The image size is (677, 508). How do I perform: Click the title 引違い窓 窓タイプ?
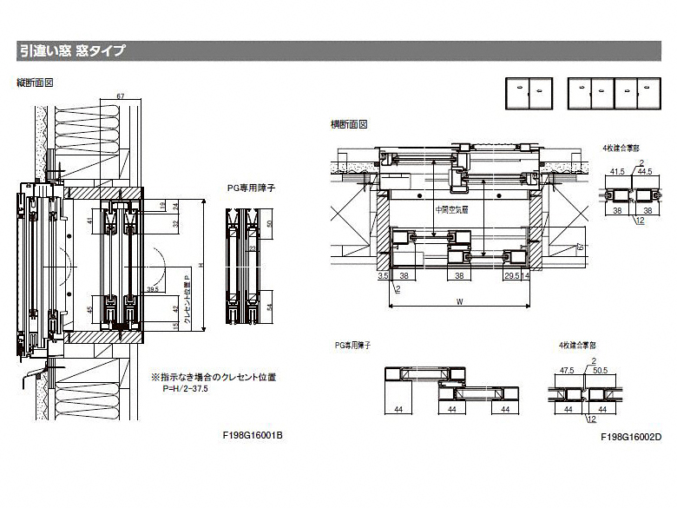tap(72, 51)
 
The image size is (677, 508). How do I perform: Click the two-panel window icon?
tap(529, 91)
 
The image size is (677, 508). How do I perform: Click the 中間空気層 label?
tap(451, 209)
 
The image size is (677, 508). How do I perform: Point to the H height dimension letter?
tap(202, 265)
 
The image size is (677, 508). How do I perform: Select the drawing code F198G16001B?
tap(253, 434)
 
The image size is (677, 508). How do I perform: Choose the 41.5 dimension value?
tap(617, 171)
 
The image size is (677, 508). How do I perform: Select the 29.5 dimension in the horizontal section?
tap(511, 275)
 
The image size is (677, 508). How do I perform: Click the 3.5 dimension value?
tap(382, 275)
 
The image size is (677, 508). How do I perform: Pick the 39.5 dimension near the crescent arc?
tap(152, 288)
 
